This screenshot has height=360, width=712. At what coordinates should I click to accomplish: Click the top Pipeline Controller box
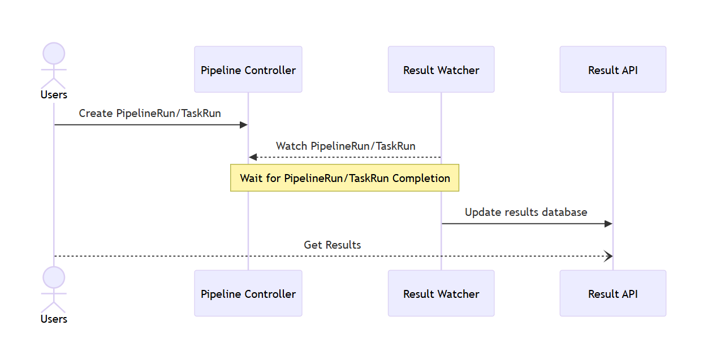(x=248, y=70)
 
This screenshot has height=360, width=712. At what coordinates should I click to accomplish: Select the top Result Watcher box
(x=441, y=70)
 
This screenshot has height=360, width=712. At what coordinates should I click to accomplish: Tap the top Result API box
(x=612, y=70)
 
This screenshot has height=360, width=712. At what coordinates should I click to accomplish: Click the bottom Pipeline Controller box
(x=248, y=293)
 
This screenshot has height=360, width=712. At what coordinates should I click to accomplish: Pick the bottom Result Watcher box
(x=441, y=293)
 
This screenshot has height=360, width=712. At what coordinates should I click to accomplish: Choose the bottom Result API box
(x=612, y=293)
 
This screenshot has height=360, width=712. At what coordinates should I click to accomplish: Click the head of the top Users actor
(x=54, y=53)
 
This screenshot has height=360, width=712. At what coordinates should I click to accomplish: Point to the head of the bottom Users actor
(x=54, y=277)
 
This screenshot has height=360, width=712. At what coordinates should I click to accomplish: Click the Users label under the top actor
(x=54, y=95)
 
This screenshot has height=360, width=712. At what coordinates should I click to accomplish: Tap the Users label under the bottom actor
(x=54, y=319)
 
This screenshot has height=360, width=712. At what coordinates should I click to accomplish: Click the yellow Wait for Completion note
(x=344, y=178)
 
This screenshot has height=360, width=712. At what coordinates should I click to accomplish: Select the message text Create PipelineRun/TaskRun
(x=150, y=113)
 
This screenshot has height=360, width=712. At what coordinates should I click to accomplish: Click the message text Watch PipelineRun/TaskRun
(x=346, y=146)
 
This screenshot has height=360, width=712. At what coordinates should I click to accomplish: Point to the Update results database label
(x=526, y=212)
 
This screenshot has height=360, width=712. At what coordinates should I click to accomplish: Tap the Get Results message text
(x=333, y=245)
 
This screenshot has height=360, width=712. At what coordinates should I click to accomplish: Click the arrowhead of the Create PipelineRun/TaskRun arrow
(x=244, y=125)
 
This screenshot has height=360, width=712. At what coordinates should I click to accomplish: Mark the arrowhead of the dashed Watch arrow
(x=253, y=157)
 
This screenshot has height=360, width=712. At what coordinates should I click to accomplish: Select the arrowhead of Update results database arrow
(x=609, y=224)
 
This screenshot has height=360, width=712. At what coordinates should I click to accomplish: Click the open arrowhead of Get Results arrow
(x=609, y=257)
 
